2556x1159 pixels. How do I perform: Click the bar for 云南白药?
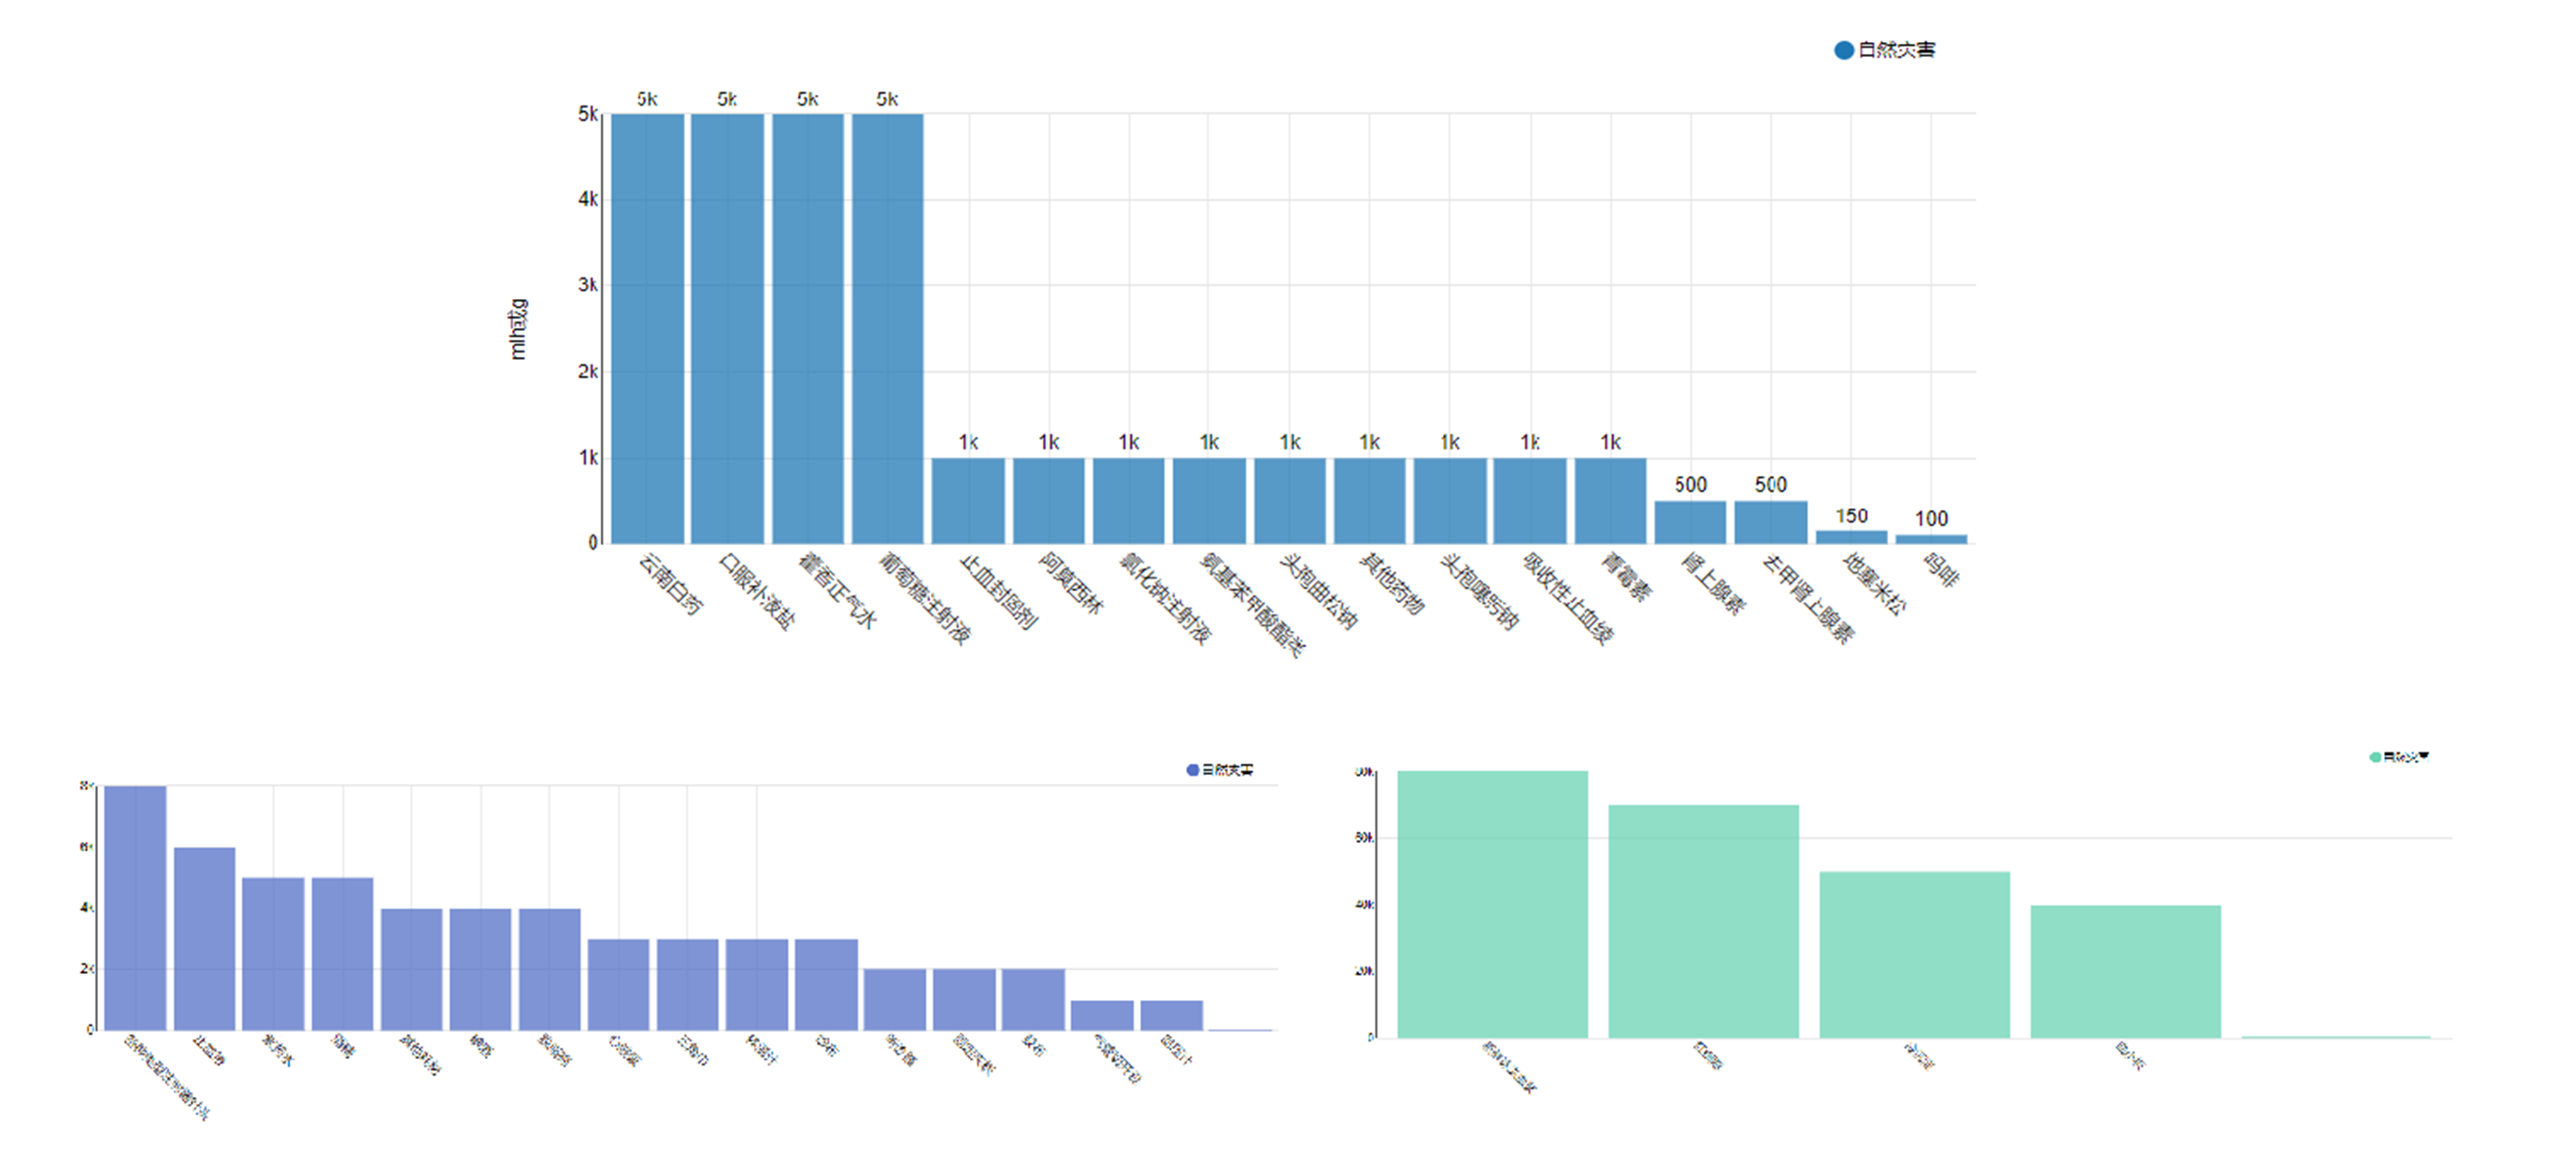(647, 327)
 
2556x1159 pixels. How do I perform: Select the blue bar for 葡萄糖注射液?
(887, 327)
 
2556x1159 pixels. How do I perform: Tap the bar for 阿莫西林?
(1049, 500)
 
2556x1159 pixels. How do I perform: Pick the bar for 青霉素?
(1610, 500)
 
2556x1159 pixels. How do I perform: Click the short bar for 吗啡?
(1931, 538)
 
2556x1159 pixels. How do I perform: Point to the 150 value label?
(1851, 516)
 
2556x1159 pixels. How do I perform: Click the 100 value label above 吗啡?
(1931, 519)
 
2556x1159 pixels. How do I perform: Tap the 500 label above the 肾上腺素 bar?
(1691, 484)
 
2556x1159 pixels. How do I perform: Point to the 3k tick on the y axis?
(588, 286)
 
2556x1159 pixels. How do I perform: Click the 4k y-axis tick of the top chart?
(588, 199)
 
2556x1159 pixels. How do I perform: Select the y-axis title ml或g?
(518, 328)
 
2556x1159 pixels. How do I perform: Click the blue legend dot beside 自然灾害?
(1844, 50)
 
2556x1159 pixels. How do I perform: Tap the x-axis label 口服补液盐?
(757, 592)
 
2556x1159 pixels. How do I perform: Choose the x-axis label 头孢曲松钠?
(1319, 592)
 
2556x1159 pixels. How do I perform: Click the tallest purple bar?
(135, 907)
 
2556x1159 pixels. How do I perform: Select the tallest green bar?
(1492, 904)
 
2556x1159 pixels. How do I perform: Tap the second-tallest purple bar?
(205, 937)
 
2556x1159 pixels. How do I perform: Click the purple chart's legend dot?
(1192, 770)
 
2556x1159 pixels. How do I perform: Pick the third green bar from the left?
(1914, 954)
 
